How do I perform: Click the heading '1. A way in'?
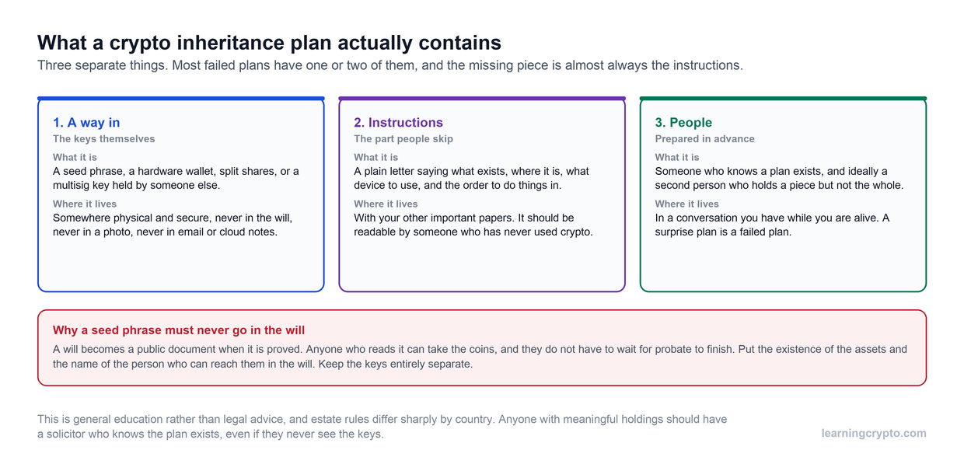click(86, 123)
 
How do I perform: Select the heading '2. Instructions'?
click(398, 123)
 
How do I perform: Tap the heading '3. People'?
click(683, 123)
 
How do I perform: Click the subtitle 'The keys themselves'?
click(103, 139)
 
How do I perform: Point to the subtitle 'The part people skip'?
click(403, 139)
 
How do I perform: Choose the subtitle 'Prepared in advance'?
click(704, 139)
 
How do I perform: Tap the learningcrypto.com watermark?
click(874, 433)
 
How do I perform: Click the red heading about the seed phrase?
click(179, 330)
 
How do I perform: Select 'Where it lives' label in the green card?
click(687, 204)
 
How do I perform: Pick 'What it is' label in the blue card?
click(75, 158)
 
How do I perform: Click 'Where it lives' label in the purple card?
click(386, 204)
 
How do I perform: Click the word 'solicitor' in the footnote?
click(66, 434)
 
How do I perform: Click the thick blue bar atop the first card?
click(180, 99)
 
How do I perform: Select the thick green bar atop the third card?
click(783, 99)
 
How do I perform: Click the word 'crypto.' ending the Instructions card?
click(576, 232)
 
